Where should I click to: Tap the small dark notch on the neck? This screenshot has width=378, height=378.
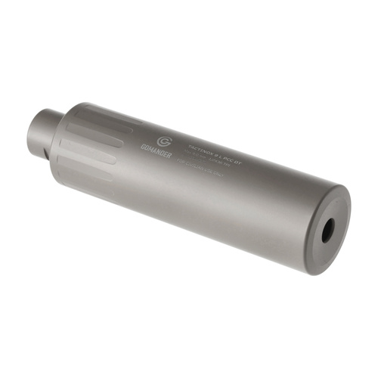pos(47,153)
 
